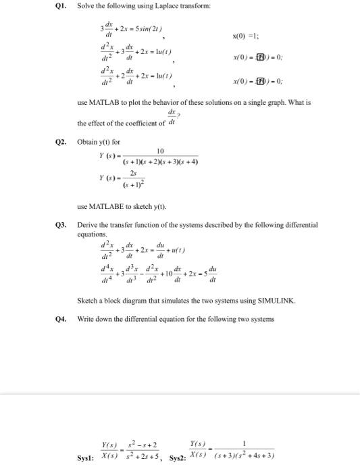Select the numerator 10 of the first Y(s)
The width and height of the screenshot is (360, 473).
click(x=161, y=151)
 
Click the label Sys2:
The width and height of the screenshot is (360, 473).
click(x=179, y=456)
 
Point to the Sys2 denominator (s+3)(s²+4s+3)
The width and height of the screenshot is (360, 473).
click(x=241, y=455)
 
